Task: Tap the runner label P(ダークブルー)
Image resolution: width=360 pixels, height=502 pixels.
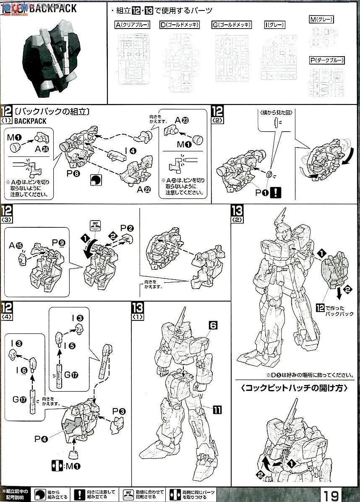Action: coord(327,60)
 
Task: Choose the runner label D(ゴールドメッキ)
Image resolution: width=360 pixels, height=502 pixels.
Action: coord(180,25)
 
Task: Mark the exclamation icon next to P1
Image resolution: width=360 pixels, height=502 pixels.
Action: coord(277,192)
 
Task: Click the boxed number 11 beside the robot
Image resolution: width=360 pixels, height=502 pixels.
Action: coord(217,409)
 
